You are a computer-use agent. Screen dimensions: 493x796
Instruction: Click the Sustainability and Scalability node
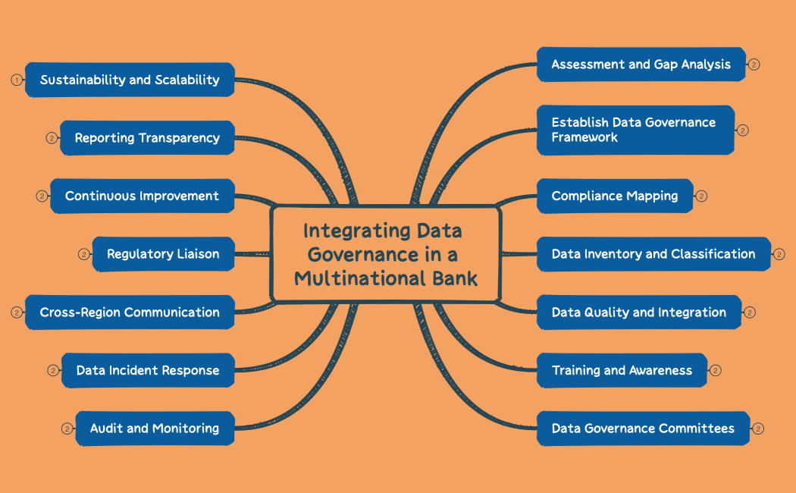coord(130,80)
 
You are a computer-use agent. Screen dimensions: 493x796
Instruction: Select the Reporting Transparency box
coord(147,138)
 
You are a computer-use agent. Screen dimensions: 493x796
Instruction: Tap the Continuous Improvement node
coord(142,196)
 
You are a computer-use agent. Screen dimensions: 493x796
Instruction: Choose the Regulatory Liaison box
coord(163,254)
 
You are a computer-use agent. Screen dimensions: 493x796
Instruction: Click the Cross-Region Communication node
coord(130,312)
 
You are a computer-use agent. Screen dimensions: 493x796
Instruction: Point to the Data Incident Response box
coord(148,370)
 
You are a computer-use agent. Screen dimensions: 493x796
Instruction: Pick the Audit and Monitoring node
coord(155,429)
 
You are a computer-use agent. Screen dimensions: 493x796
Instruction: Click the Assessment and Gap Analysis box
coord(641,64)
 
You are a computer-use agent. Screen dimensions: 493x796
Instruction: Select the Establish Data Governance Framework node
coord(635,130)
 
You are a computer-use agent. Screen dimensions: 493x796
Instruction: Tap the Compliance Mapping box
coord(615,196)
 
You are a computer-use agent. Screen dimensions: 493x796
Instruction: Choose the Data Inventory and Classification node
coord(653,254)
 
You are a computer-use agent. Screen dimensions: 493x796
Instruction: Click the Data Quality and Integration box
coord(639,312)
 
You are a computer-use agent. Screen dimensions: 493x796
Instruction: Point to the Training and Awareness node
coord(622,370)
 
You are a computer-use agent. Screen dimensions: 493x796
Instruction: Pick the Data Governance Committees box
coord(643,429)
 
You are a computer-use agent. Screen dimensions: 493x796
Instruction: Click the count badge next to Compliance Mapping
coord(701,196)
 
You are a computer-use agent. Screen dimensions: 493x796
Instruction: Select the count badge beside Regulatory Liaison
coord(84,254)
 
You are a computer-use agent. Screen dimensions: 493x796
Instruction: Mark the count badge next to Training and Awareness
coord(715,370)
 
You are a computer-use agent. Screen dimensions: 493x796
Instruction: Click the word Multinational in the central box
coord(359,278)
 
